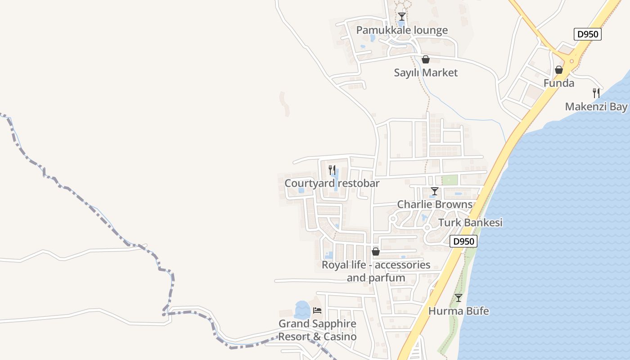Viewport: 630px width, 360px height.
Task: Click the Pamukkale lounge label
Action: (x=402, y=30)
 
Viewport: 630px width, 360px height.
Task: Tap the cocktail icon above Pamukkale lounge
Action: (x=402, y=17)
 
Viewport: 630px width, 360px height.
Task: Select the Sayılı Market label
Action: (x=426, y=72)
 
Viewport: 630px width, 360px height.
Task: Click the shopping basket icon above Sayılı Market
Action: (x=426, y=59)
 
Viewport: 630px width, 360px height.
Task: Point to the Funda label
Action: (x=559, y=83)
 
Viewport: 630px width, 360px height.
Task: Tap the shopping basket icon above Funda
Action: (x=559, y=70)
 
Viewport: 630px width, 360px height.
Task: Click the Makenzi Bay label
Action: (x=596, y=107)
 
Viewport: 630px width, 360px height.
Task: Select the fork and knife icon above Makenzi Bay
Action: (x=596, y=93)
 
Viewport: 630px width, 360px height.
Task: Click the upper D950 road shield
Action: (x=588, y=34)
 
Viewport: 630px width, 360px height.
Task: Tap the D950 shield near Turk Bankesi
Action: (x=463, y=241)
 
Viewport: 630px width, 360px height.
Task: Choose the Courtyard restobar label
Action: (x=332, y=183)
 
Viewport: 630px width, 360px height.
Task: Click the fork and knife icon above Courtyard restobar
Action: (x=332, y=170)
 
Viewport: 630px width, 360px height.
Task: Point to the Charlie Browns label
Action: (x=435, y=204)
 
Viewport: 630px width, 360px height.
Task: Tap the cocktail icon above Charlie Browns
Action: (x=435, y=191)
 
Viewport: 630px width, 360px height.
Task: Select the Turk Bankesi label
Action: (x=470, y=222)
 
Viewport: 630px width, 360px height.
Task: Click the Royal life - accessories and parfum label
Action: (x=376, y=271)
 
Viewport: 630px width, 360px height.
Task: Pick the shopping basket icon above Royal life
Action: (x=376, y=252)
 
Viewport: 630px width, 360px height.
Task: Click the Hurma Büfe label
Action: (x=459, y=311)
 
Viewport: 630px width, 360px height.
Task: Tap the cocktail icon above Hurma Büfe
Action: (x=459, y=298)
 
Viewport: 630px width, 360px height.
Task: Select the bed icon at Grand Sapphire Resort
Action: (x=317, y=310)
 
